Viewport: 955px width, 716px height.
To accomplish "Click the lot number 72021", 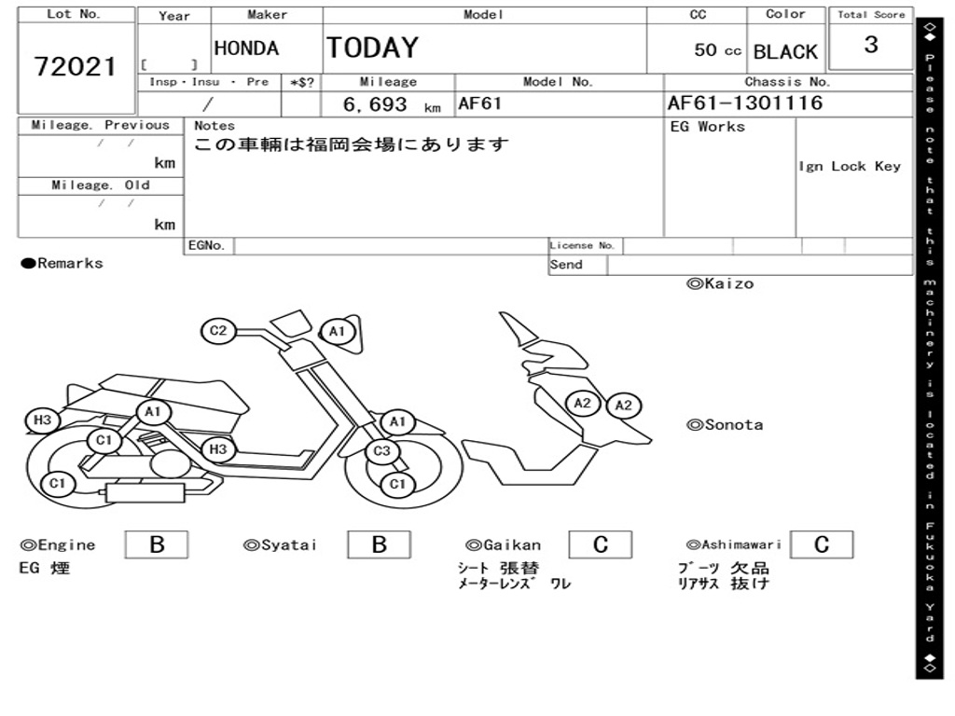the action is (76, 66).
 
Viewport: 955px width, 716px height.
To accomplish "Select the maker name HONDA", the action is (246, 48).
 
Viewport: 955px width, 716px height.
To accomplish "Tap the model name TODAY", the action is (372, 48).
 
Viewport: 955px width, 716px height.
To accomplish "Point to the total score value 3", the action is (871, 45).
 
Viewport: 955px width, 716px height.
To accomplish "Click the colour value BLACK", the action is (785, 51).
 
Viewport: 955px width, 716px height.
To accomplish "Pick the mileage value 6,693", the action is (375, 104).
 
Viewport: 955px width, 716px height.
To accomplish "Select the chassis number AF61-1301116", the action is (745, 103).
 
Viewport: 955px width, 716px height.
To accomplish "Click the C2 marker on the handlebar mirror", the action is (218, 330).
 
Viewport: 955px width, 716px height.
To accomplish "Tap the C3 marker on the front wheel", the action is (381, 452).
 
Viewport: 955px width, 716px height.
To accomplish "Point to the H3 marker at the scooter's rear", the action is (42, 420).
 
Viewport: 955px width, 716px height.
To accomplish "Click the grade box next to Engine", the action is (157, 544).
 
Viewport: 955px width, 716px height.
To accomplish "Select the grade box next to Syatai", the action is (379, 544).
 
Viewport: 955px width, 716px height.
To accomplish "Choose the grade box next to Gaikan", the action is (601, 544).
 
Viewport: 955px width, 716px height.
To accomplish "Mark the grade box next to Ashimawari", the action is (821, 544).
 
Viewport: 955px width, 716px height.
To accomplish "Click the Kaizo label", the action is (720, 283).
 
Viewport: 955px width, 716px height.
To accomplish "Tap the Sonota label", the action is (725, 425).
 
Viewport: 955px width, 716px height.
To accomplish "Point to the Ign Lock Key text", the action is (850, 166).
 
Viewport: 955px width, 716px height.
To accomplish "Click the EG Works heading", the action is (708, 127).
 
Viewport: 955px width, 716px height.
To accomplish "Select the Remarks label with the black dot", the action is (62, 264).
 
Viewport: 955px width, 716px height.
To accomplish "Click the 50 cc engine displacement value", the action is (717, 50).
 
